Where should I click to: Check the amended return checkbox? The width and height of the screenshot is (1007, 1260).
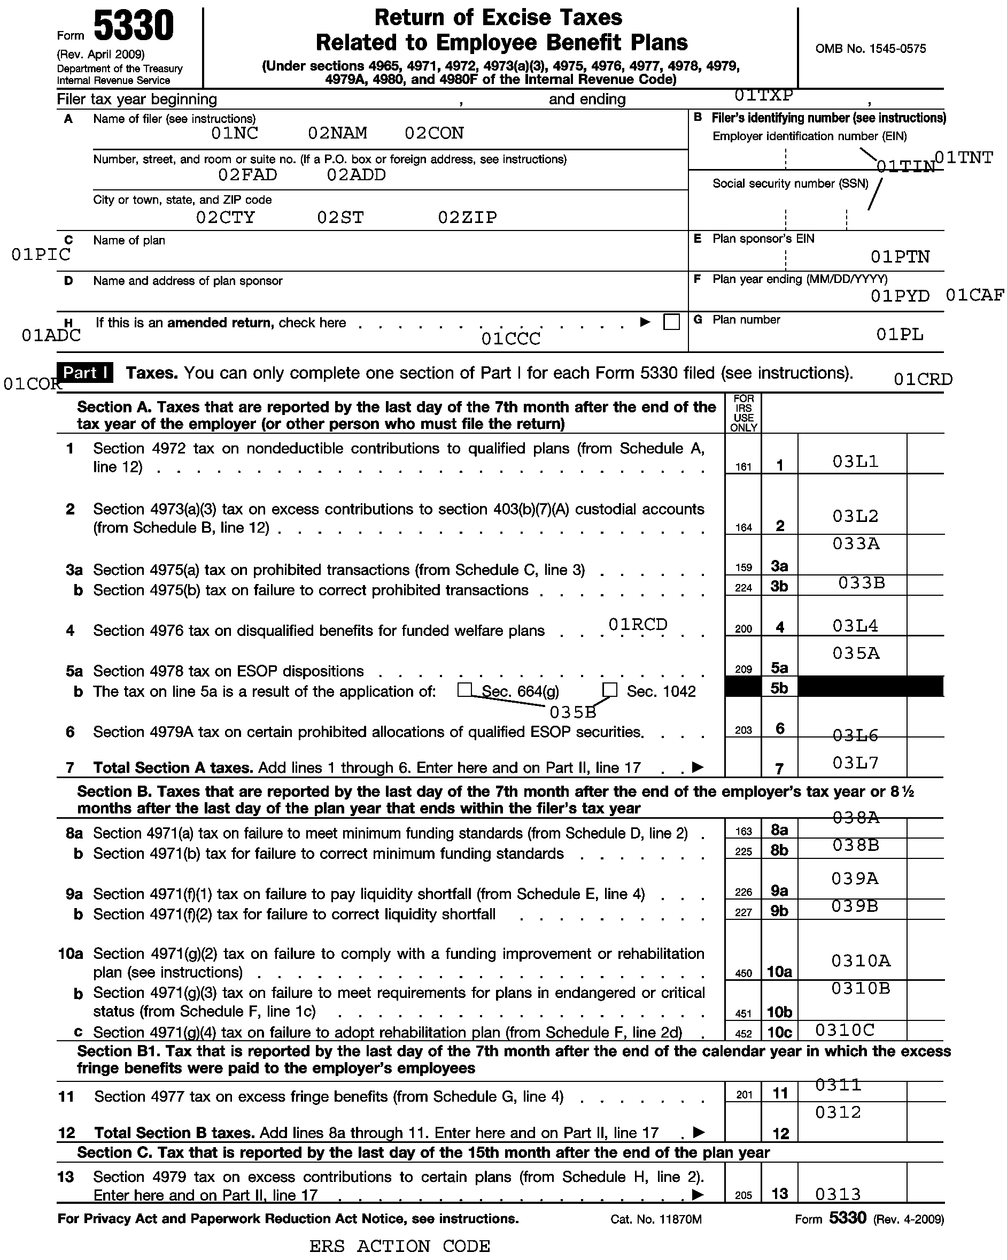pos(672,322)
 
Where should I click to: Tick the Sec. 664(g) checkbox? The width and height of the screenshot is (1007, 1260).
pos(464,690)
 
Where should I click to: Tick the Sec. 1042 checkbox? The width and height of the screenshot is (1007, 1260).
pos(609,690)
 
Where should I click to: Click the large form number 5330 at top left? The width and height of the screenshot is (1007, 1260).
pos(134,26)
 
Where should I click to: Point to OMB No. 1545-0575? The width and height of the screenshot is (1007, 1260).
pos(870,49)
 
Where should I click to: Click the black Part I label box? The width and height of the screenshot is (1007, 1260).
pos(84,373)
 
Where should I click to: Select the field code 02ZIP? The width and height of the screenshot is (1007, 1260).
pos(467,218)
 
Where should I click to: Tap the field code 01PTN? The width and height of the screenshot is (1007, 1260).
pos(900,257)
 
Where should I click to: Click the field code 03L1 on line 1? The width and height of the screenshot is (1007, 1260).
pos(855,462)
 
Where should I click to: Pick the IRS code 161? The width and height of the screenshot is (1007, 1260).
pos(743,467)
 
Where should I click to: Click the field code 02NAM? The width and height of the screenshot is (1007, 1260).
pos(338,133)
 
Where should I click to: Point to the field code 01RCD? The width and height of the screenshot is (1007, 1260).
pos(637,625)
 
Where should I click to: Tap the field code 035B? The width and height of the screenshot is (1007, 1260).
pos(572,712)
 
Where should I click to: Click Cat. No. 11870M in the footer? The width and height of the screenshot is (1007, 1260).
pos(656,1219)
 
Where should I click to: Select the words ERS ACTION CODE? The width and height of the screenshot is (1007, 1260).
pos(399,1246)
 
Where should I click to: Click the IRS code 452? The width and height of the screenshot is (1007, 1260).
pos(743,1034)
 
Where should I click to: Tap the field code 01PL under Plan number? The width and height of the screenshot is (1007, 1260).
pos(900,335)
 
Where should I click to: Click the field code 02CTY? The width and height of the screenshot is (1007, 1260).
pos(226,218)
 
